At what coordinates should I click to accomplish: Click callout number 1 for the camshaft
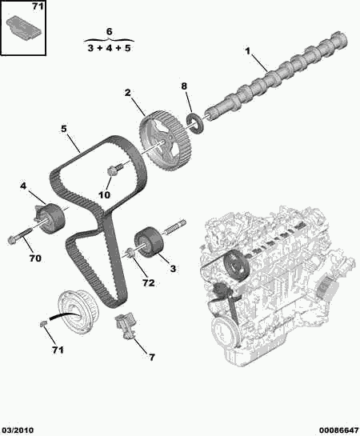(248, 53)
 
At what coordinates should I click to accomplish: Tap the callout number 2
(127, 94)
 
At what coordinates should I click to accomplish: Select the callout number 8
(183, 86)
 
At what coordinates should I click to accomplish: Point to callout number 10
(105, 194)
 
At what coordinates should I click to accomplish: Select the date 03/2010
(20, 427)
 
